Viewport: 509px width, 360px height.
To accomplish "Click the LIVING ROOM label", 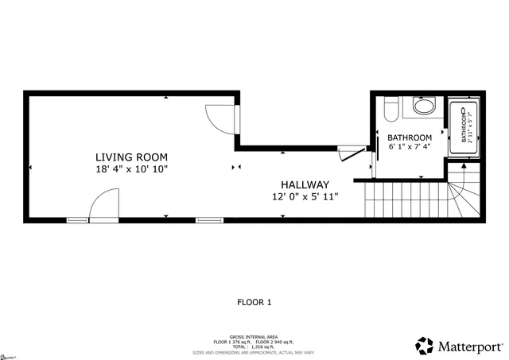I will (x=132, y=157).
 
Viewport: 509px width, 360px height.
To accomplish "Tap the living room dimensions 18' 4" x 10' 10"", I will (x=132, y=169).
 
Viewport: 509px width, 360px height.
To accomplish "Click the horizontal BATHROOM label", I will (x=410, y=137).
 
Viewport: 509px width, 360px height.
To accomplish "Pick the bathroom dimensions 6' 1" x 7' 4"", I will (x=410, y=147).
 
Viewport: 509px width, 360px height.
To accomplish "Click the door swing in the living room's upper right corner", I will (x=220, y=118).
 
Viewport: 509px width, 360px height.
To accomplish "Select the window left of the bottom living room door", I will (x=77, y=219).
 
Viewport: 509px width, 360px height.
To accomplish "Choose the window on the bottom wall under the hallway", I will (x=208, y=219).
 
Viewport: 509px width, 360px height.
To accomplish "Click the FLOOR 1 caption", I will (x=254, y=302).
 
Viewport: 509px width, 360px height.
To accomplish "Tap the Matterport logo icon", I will (x=424, y=346).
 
